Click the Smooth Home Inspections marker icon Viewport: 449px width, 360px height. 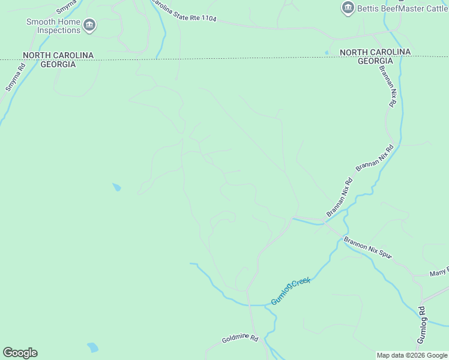coord(89,25)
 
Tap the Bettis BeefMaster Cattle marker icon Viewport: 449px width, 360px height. coord(347,8)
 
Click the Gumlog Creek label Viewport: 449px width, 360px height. coord(291,291)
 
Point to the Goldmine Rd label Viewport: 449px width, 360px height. coord(240,340)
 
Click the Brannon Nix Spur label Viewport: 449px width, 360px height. coord(367,248)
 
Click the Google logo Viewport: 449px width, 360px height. coord(20,353)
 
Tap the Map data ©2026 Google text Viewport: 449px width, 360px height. coord(412,355)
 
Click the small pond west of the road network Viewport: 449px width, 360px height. coord(116,187)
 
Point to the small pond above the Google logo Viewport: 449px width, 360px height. coord(92,347)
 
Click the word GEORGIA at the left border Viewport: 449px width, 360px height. coord(58,64)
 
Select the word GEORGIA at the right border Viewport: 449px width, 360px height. coord(375,61)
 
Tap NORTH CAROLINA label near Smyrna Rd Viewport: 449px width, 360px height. coord(58,55)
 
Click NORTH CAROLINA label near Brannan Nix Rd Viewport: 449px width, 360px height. coord(375,52)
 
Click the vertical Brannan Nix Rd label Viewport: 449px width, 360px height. coord(387,86)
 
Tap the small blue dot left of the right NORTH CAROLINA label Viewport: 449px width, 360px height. coord(327,53)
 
